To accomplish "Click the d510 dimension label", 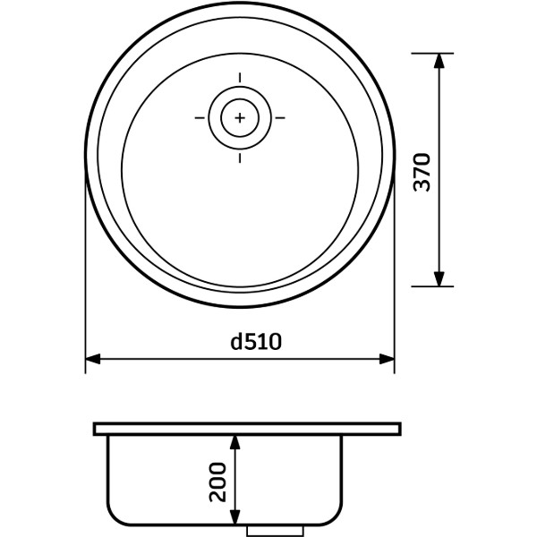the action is pyautogui.click(x=256, y=342).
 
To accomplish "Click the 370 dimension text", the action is pyautogui.click(x=422, y=172).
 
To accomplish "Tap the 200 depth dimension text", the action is pyautogui.click(x=217, y=482).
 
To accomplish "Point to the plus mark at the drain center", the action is pyautogui.click(x=240, y=118).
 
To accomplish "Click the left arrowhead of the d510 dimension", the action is pyautogui.click(x=92, y=359).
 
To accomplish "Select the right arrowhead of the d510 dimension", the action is pyautogui.click(x=387, y=359).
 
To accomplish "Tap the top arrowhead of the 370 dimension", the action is pyautogui.click(x=439, y=61).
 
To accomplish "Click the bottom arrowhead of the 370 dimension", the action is pyautogui.click(x=439, y=278).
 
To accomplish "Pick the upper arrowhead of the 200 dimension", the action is pyautogui.click(x=234, y=442).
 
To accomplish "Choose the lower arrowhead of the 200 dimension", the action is pyautogui.click(x=234, y=517).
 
